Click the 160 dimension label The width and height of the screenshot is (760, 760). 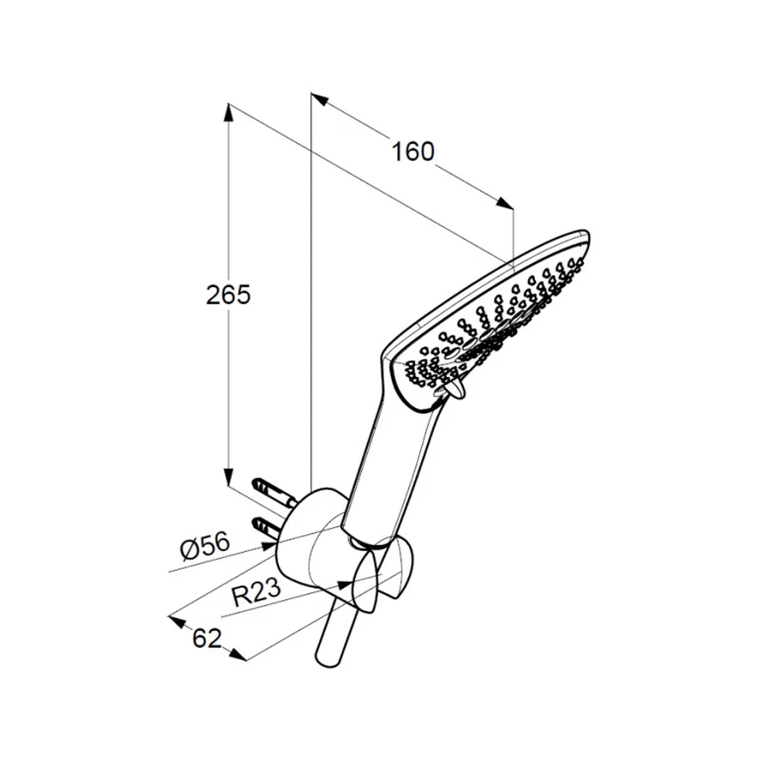click(x=413, y=152)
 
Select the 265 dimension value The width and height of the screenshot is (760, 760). click(x=228, y=295)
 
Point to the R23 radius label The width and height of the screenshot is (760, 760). click(x=256, y=592)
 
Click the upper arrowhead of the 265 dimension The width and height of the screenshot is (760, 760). click(x=229, y=112)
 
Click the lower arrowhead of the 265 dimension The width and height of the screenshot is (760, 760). click(x=229, y=477)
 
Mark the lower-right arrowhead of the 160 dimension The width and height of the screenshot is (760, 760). click(x=504, y=204)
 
